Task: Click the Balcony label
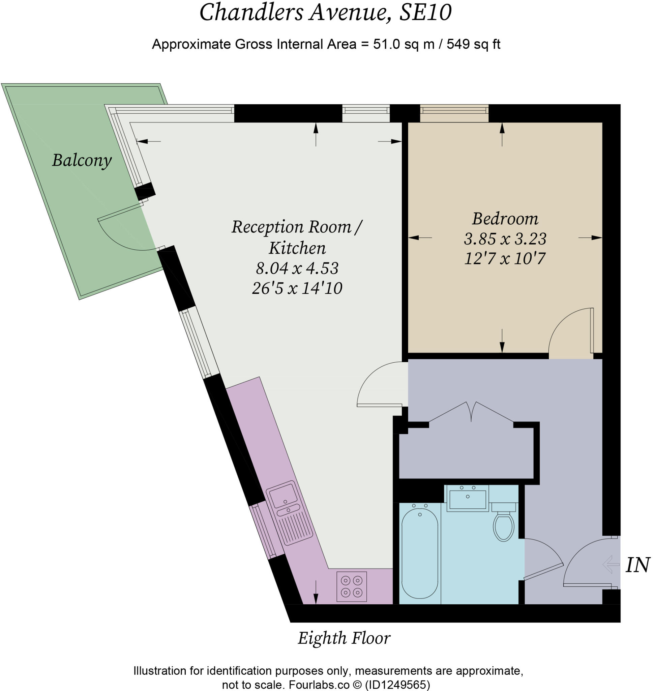[82, 161]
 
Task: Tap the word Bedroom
[505, 219]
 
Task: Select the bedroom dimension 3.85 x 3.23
[505, 239]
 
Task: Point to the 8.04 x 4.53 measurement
[297, 268]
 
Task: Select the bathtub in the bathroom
[420, 553]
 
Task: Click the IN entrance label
[637, 565]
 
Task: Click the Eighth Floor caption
[344, 638]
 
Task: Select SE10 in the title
[425, 12]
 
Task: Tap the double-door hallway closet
[467, 449]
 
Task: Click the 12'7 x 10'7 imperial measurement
[505, 259]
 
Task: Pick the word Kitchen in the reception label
[297, 248]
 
